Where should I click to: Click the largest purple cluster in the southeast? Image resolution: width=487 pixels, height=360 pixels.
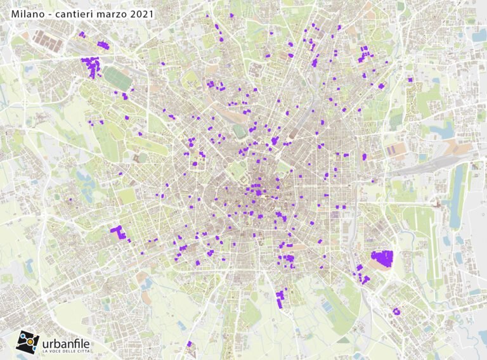382,257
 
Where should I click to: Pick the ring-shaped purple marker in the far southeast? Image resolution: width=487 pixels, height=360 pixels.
396,311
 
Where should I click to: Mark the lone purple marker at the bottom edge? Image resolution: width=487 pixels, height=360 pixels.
189,344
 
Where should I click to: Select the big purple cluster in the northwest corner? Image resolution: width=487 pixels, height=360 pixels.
91,66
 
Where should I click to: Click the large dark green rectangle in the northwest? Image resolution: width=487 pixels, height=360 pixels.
118,79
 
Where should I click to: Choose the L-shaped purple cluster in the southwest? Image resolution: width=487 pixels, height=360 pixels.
117,232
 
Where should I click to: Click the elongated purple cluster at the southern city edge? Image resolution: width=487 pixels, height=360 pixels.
280,298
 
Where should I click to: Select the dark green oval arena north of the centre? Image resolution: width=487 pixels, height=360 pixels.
240,131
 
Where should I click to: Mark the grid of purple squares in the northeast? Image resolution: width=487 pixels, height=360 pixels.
363,53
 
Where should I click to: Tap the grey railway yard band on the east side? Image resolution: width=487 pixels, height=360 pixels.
419,169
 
